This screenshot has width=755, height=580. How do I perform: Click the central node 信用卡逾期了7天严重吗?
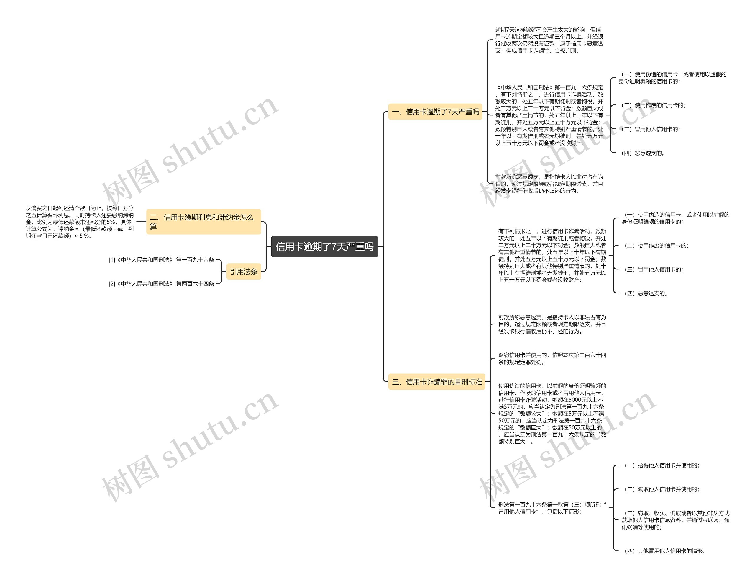tap(324, 246)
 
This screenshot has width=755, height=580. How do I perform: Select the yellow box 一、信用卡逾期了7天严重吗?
tap(435, 112)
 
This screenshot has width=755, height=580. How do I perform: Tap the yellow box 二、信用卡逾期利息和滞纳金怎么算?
tap(203, 222)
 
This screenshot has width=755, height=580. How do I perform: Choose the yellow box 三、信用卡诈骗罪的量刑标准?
tap(437, 382)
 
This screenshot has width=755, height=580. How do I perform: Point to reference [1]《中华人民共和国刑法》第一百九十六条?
tap(161, 260)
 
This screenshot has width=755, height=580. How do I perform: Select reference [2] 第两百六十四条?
tap(161, 284)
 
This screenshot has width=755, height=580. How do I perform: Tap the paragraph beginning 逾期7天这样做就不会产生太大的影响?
tap(549, 40)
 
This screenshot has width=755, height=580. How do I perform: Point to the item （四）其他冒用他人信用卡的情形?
tap(664, 551)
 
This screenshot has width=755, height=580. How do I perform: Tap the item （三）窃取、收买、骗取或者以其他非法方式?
tap(675, 520)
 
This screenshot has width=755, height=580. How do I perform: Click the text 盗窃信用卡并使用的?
tap(552, 358)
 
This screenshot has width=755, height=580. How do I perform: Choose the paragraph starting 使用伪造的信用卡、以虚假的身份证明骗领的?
tap(552, 414)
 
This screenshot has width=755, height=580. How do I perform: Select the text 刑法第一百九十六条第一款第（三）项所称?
tap(552, 508)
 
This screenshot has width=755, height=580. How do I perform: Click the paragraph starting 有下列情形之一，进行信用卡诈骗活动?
tap(552, 256)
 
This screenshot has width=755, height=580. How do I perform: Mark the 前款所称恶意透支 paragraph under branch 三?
tap(552, 324)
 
